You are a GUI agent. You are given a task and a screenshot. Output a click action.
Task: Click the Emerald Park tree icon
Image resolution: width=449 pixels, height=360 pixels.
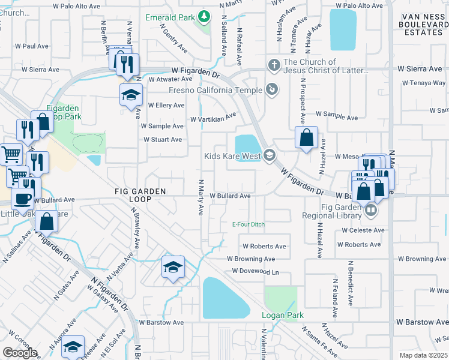click(x=204, y=17)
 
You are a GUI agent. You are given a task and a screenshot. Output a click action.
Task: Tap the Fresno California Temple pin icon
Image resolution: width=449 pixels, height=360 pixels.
click(x=273, y=90)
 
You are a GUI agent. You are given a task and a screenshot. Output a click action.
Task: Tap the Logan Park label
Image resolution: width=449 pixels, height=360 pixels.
click(x=282, y=315)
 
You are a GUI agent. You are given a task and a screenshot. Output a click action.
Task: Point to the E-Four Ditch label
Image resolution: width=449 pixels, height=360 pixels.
click(x=249, y=225)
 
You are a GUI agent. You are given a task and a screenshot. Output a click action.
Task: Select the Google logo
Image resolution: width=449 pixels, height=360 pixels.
click(x=20, y=353)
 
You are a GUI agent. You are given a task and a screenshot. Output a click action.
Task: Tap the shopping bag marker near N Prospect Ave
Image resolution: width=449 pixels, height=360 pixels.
click(x=306, y=138)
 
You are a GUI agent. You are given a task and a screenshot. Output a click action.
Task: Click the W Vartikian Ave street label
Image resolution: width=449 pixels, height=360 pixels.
click(x=213, y=118)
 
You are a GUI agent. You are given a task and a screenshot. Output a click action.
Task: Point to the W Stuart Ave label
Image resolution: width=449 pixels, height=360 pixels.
click(x=162, y=140)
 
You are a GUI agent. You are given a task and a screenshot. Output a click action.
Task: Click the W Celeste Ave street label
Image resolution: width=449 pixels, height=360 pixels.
click(x=363, y=230)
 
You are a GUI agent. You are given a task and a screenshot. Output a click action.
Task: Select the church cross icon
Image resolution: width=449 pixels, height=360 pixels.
click(x=274, y=64)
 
